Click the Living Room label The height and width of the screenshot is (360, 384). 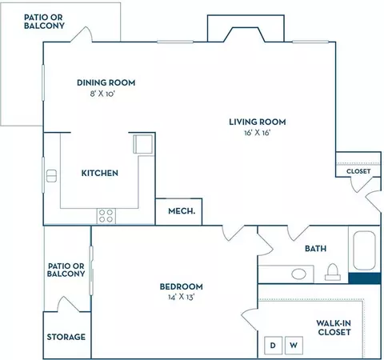click(258, 122)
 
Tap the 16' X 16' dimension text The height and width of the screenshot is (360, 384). click(258, 133)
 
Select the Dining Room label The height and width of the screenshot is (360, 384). click(106, 82)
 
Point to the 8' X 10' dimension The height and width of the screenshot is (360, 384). click(102, 94)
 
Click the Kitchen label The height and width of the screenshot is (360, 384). click(99, 173)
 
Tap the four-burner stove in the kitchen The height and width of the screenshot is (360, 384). click(106, 216)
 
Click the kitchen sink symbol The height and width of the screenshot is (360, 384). click(51, 176)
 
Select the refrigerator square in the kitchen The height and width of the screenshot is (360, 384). click(143, 144)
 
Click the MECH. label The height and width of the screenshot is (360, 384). click(182, 211)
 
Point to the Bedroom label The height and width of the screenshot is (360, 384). click(181, 286)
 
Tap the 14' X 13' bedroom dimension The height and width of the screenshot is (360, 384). click(182, 297)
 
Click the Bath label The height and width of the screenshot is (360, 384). click(315, 249)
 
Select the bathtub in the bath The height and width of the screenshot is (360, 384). click(365, 250)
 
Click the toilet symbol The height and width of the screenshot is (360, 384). click(333, 272)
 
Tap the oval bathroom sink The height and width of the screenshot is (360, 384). click(298, 274)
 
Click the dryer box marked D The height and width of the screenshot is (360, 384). click(273, 346)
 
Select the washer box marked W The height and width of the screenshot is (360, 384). click(294, 346)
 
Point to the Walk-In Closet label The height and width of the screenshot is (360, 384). click(334, 328)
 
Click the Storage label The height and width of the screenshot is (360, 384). click(66, 337)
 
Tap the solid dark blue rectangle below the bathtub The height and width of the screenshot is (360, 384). click(364, 278)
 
